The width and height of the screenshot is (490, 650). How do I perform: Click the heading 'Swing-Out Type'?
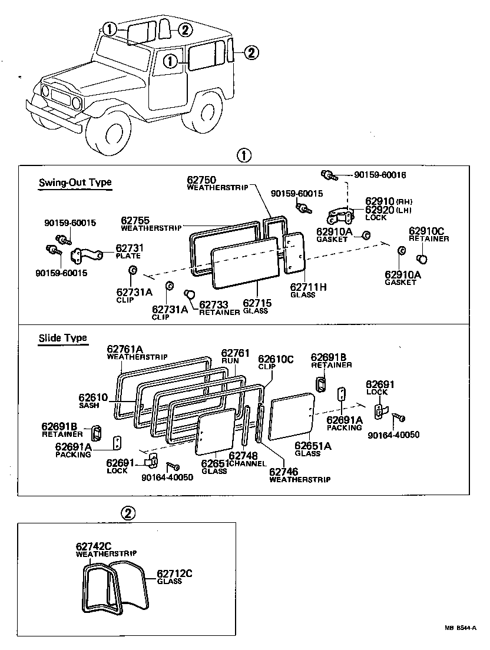pyautogui.click(x=75, y=183)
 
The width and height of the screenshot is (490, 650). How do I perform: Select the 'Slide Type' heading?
pyautogui.click(x=62, y=338)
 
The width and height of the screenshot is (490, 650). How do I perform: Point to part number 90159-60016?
pyautogui.click(x=380, y=175)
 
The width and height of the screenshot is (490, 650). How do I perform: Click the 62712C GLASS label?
pyautogui.click(x=175, y=576)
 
